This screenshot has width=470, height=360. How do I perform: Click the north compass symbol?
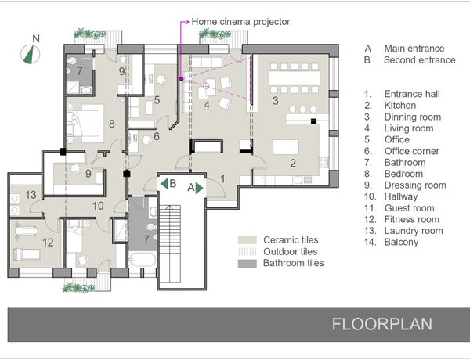[31, 54]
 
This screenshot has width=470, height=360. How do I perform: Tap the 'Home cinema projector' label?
[240, 22]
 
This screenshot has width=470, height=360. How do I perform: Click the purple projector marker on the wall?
[180, 79]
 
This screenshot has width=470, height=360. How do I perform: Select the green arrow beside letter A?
[200, 188]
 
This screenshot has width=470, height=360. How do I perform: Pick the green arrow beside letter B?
[164, 183]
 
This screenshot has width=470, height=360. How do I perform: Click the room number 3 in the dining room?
[276, 101]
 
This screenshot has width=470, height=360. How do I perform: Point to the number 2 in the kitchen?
[293, 163]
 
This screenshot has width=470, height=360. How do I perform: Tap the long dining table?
[295, 77]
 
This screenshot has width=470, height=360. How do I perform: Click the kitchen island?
[286, 147]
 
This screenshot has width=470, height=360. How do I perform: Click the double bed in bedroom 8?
[88, 123]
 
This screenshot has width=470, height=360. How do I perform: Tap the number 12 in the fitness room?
[48, 243]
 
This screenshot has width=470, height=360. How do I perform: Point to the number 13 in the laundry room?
[31, 195]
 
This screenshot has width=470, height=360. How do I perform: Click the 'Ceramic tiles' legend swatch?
[248, 240]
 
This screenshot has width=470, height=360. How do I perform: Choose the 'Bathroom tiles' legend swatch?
[248, 263]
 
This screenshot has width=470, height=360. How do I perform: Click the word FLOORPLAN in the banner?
[382, 324]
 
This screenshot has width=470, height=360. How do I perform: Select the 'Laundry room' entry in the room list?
[414, 231]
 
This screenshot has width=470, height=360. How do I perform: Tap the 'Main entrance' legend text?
[414, 49]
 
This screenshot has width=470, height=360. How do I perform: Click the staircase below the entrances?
[170, 243]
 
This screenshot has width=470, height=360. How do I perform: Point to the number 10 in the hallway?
[98, 206]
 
